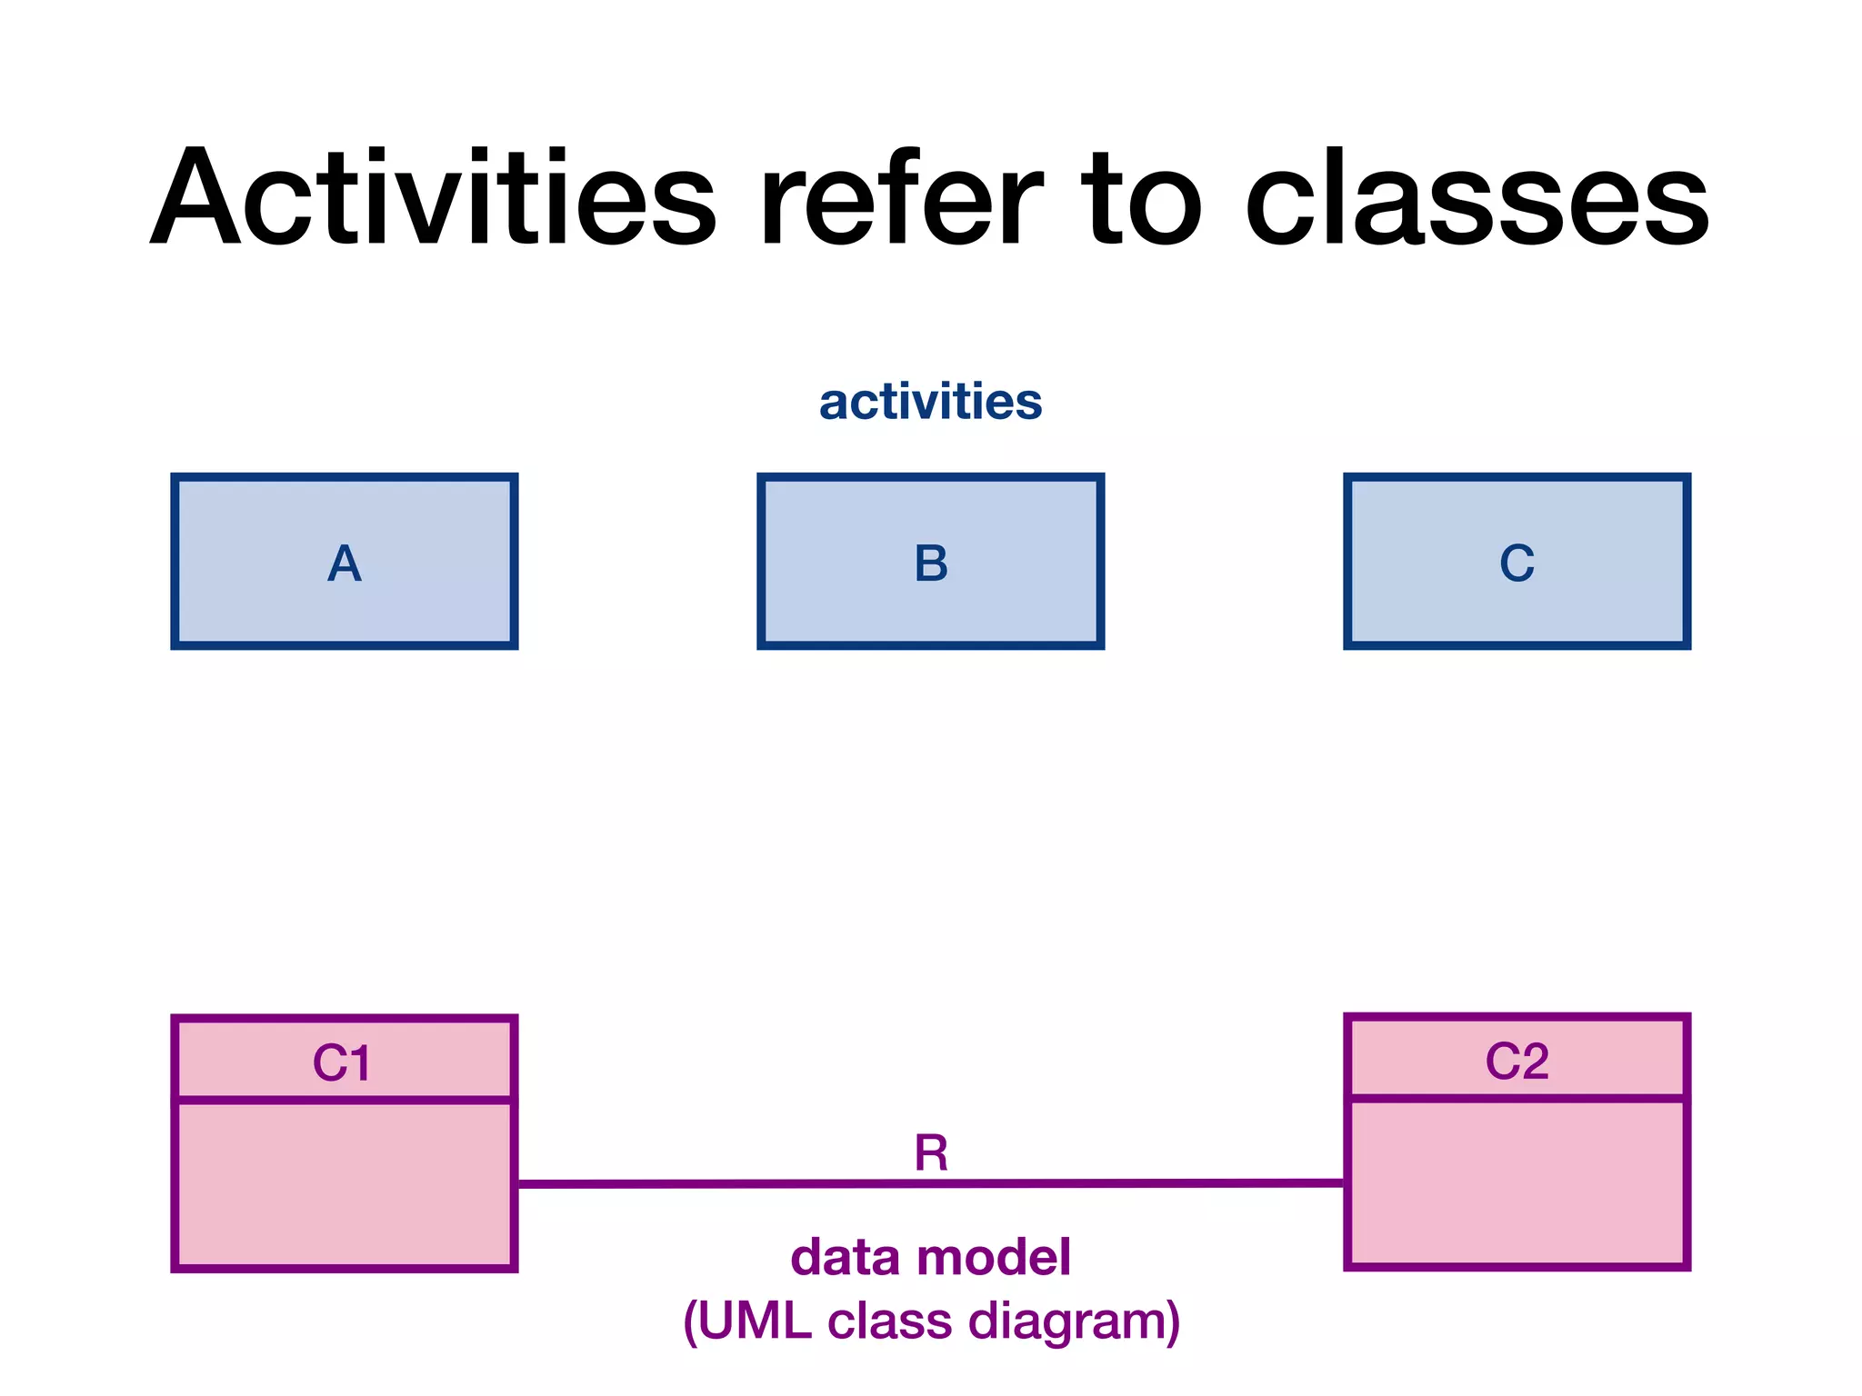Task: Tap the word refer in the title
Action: click(x=900, y=197)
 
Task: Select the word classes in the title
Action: click(x=1477, y=197)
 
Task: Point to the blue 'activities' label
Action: click(x=930, y=401)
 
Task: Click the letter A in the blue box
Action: click(x=345, y=563)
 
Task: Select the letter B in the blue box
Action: click(x=931, y=563)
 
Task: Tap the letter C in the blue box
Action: click(x=1517, y=563)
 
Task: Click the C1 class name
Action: click(x=342, y=1062)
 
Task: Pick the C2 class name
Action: click(x=1517, y=1061)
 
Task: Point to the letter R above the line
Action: click(x=931, y=1153)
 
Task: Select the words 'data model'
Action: click(x=930, y=1257)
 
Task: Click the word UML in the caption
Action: click(x=755, y=1321)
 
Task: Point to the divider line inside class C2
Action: click(x=1517, y=1099)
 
